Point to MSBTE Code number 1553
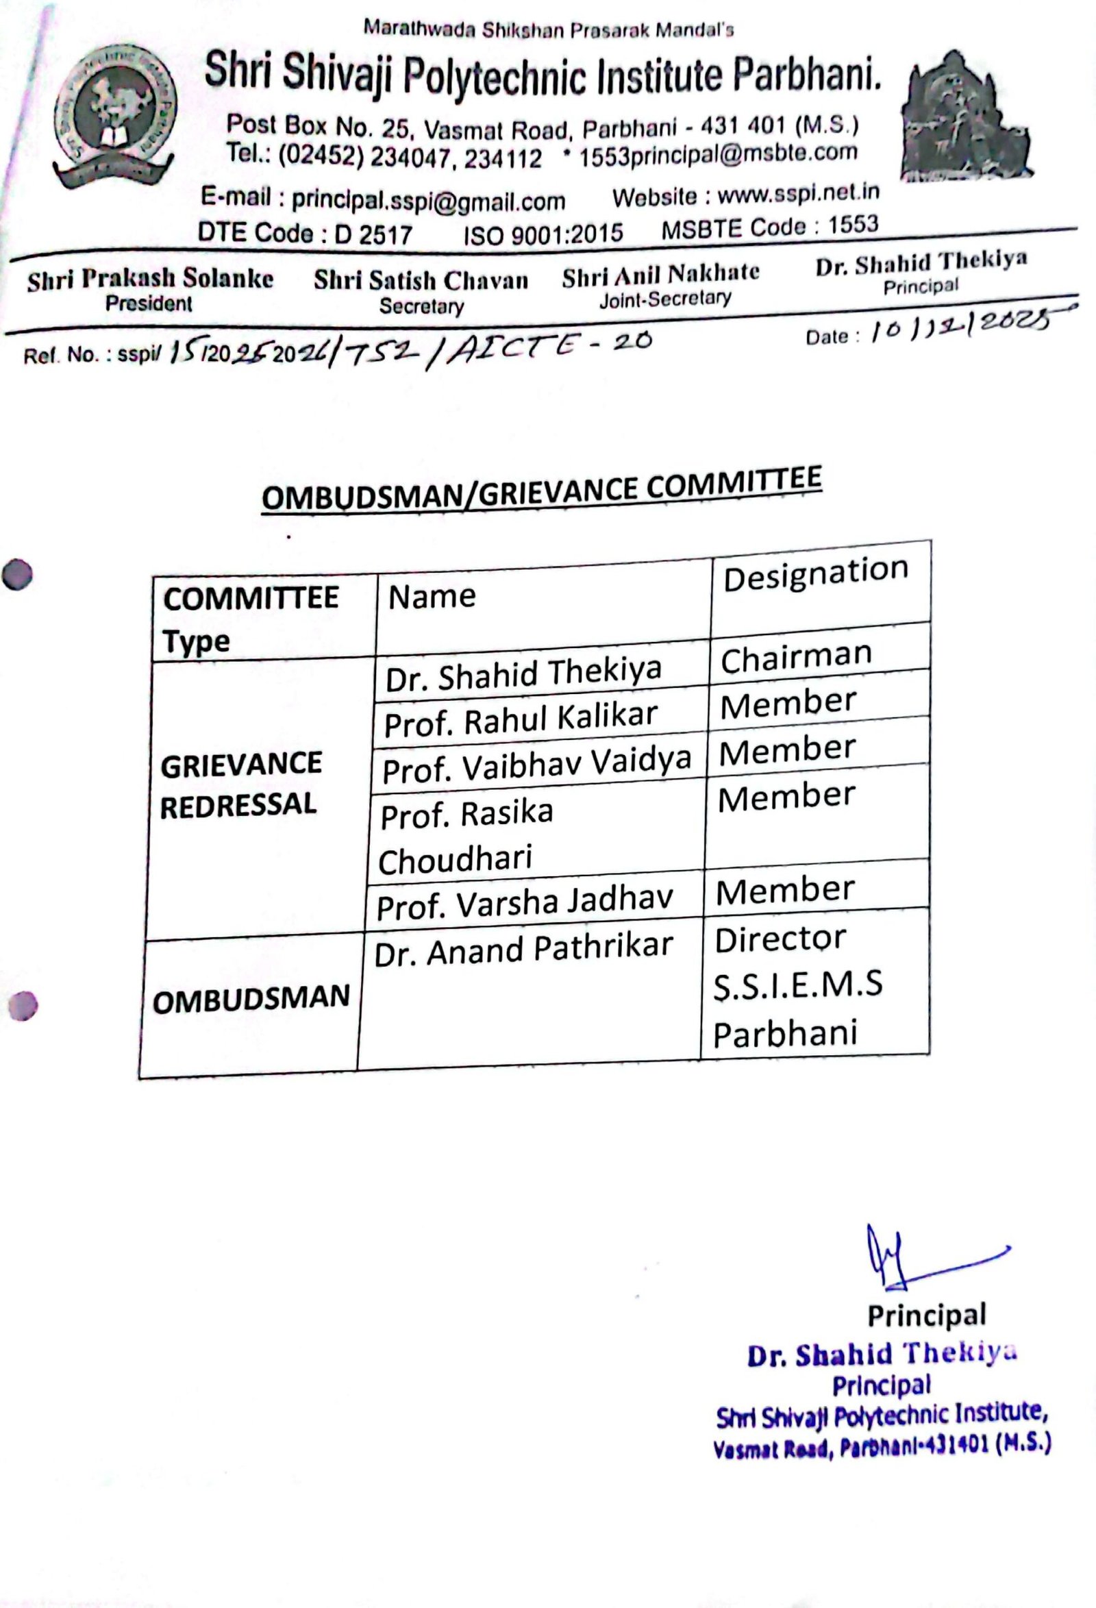pyautogui.click(x=852, y=225)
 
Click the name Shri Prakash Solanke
pyautogui.click(x=150, y=278)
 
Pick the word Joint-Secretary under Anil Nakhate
pyautogui.click(x=664, y=299)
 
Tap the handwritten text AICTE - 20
pyautogui.click(x=547, y=346)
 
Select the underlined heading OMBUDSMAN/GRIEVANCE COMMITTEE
pyautogui.click(x=541, y=489)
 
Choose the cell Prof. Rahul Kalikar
pyautogui.click(x=521, y=719)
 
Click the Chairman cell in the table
pyautogui.click(x=796, y=656)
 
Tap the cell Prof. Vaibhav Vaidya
pyautogui.click(x=536, y=765)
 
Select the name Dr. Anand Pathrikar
pyautogui.click(x=523, y=950)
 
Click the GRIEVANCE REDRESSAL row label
pyautogui.click(x=240, y=784)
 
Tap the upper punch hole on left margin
pyautogui.click(x=17, y=574)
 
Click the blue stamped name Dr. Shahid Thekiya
pyautogui.click(x=882, y=1355)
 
